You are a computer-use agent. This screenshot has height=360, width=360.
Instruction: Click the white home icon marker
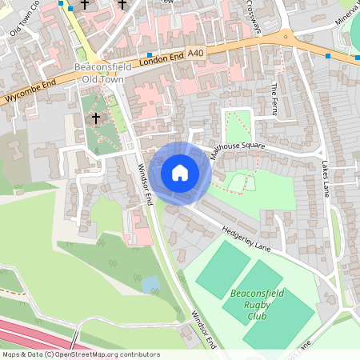click(180, 173)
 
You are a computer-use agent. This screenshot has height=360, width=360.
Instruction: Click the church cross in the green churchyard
click(96, 118)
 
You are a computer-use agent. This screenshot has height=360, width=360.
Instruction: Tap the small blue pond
click(150, 284)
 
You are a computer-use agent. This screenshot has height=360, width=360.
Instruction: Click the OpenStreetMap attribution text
click(80, 354)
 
